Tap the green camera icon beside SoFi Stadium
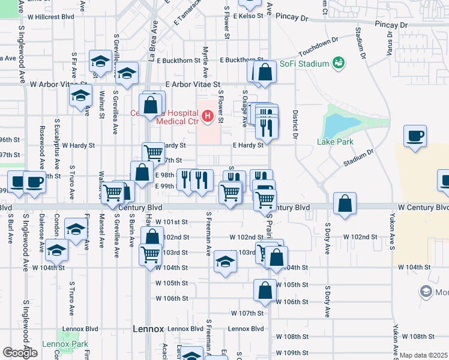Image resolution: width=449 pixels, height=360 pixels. coord(339,62)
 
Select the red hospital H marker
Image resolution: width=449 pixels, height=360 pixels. coord(207,115)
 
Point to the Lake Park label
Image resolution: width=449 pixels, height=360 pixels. coord(335,142)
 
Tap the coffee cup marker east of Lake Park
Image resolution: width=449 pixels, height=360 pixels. coord(415,135)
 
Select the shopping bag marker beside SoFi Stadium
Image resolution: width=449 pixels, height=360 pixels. coord(264,72)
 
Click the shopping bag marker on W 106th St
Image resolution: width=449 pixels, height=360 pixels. coord(265,290)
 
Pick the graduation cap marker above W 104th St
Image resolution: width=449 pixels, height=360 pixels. coord(225,261)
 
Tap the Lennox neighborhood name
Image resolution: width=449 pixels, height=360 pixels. coord(148,329)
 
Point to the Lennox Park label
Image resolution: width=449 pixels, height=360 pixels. coord(65,344)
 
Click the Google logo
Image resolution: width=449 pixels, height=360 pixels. coord(20,353)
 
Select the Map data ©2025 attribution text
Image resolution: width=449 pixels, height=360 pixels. coord(423,355)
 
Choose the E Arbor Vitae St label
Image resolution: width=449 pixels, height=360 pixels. coord(193,85)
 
